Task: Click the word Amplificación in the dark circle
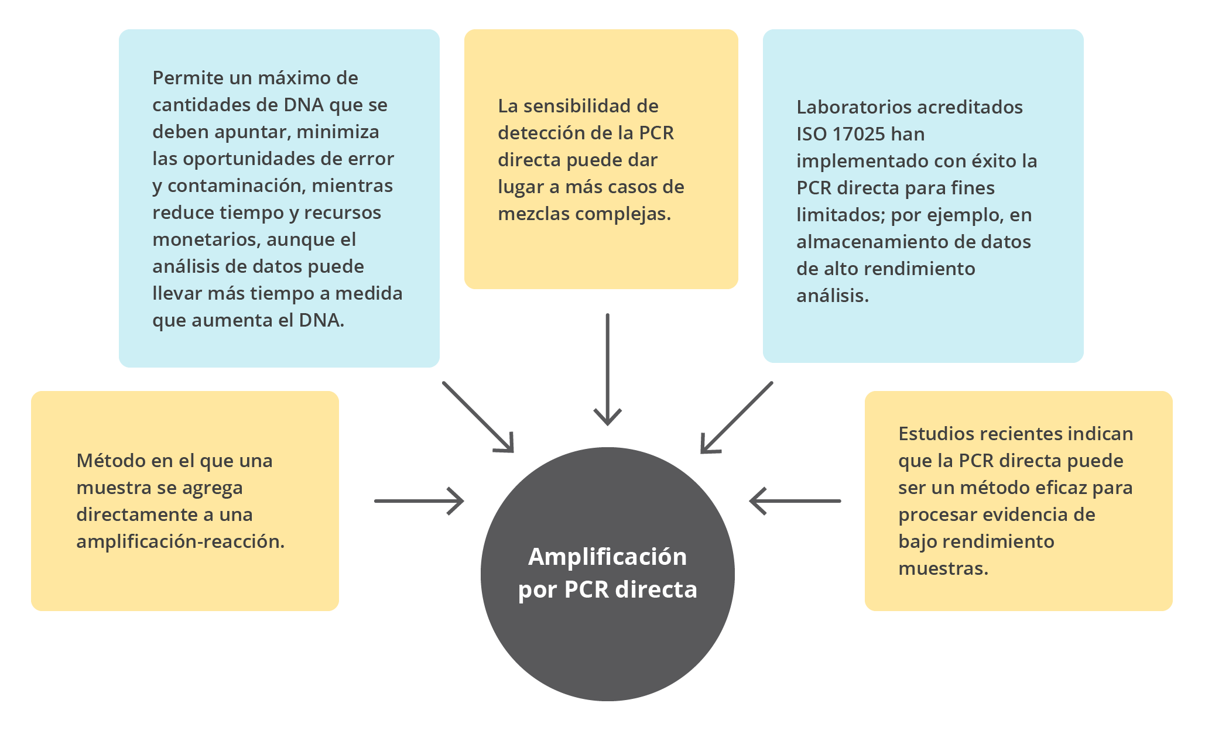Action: [607, 557]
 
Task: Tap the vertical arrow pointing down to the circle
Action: [608, 369]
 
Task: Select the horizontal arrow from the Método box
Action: [419, 501]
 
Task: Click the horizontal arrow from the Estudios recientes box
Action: [795, 501]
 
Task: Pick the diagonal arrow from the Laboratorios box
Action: [737, 417]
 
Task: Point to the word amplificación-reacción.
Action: [180, 541]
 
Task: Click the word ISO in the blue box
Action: [811, 134]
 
